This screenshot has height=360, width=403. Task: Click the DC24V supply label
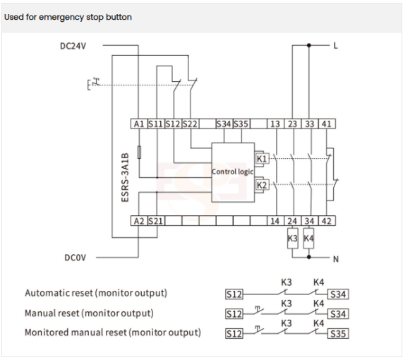[73, 46]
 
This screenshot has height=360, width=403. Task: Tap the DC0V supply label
[76, 258]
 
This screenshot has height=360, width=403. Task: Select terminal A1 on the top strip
[139, 124]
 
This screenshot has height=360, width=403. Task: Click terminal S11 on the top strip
[156, 124]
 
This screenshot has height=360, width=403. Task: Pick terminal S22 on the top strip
[190, 124]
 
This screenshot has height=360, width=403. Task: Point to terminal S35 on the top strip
[241, 124]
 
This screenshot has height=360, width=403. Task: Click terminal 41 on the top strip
[327, 124]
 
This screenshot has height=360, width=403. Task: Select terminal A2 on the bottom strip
[139, 221]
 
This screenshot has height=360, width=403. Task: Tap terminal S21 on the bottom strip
[156, 221]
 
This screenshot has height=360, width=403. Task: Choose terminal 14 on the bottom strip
[275, 221]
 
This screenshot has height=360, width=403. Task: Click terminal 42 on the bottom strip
[327, 221]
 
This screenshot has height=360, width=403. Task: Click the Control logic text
[232, 172]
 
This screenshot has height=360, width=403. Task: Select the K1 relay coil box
[262, 158]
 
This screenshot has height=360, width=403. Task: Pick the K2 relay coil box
[262, 185]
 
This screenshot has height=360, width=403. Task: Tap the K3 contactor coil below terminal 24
[292, 238]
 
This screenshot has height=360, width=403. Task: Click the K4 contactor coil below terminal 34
[308, 238]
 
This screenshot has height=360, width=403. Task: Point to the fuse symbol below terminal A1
[139, 152]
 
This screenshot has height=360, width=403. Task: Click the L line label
[335, 46]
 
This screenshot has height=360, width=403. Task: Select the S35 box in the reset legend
[338, 333]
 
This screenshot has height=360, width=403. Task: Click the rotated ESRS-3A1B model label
[125, 177]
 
